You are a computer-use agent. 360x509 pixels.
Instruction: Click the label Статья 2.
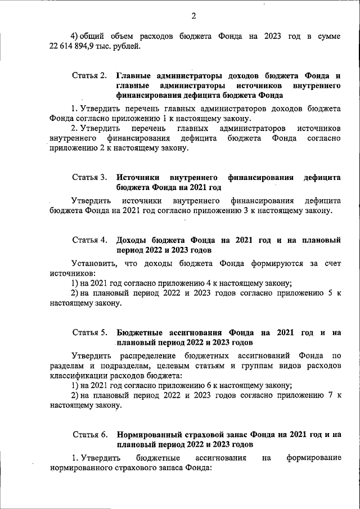click(89, 75)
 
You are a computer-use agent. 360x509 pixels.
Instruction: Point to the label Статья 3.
click(89, 178)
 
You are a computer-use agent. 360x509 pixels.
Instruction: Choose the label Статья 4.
click(89, 240)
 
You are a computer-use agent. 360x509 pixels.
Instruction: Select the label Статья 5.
click(89, 332)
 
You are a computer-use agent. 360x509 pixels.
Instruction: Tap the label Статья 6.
click(89, 435)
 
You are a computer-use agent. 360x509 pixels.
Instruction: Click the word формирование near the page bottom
click(314, 458)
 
